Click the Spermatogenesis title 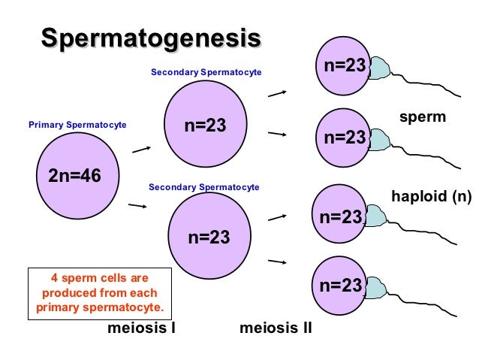151,38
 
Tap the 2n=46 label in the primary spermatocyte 74,176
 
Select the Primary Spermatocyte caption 77,124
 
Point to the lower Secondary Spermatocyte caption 204,186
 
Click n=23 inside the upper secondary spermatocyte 206,125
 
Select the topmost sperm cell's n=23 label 345,66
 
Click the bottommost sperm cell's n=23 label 341,286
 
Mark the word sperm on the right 423,117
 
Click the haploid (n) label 432,197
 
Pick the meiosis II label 276,328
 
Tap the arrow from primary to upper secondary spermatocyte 142,149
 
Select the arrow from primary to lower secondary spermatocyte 137,205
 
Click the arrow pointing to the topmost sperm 278,93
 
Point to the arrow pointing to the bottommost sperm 278,262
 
